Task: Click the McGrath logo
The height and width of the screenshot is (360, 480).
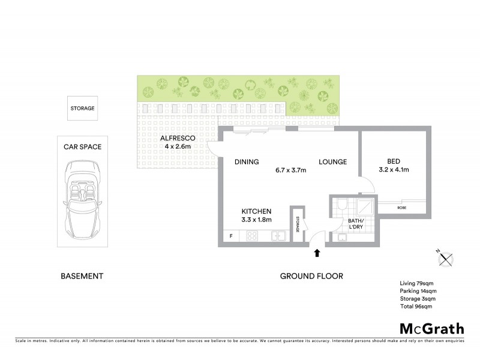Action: (x=432, y=328)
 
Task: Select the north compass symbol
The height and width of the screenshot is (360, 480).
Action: (x=446, y=258)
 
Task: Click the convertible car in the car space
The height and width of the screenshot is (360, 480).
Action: (x=83, y=198)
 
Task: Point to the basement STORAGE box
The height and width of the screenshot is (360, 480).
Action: (x=83, y=108)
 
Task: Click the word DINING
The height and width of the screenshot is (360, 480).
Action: (x=247, y=162)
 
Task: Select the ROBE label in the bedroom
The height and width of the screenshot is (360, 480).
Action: (x=403, y=208)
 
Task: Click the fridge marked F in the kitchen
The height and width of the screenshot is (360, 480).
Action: (x=231, y=236)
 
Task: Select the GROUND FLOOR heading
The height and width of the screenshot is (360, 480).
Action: (x=311, y=276)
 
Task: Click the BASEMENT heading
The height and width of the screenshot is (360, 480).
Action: (x=82, y=276)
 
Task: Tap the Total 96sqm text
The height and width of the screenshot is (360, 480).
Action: (x=416, y=306)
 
